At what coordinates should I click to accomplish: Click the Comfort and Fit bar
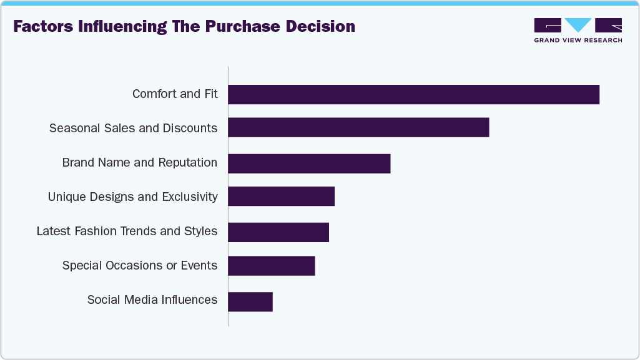pyautogui.click(x=413, y=94)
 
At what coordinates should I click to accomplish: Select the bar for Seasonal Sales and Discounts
pyautogui.click(x=358, y=127)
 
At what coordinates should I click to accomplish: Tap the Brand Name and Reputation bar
pyautogui.click(x=309, y=163)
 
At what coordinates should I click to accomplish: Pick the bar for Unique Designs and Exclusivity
pyautogui.click(x=281, y=197)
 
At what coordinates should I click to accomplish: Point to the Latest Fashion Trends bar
pyautogui.click(x=278, y=231)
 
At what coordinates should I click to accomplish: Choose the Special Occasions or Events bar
pyautogui.click(x=271, y=266)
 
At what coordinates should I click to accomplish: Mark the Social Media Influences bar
pyautogui.click(x=250, y=301)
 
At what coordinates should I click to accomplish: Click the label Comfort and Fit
pyautogui.click(x=175, y=94)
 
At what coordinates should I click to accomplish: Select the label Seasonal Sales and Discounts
pyautogui.click(x=133, y=129)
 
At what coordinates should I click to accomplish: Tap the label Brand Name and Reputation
pyautogui.click(x=140, y=163)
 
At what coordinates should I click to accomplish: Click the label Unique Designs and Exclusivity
pyautogui.click(x=132, y=197)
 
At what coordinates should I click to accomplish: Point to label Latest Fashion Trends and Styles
pyautogui.click(x=127, y=231)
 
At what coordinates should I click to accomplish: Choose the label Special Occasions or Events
pyautogui.click(x=140, y=266)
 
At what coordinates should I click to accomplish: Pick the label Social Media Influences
pyautogui.click(x=152, y=300)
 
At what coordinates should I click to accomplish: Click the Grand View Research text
pyautogui.click(x=578, y=41)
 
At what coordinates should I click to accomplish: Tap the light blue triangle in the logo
pyautogui.click(x=578, y=25)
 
